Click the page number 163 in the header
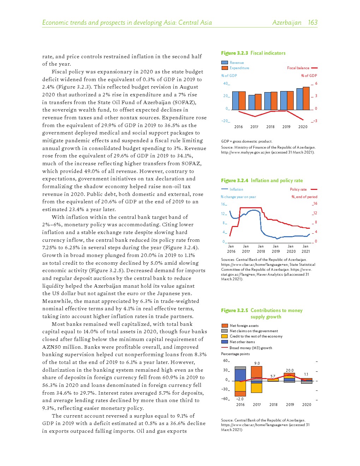pos(312,23)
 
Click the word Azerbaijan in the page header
pos(287,23)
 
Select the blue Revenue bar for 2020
pos(300,99)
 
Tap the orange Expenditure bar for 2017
pos(258,102)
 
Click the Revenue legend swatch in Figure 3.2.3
pos(224,62)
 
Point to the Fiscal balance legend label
pos(298,68)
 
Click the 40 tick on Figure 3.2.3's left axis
pos(226,84)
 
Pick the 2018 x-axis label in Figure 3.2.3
pos(270,127)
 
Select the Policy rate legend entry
pos(298,190)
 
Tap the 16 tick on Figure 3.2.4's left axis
pos(223,204)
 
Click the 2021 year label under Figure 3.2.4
pos(306,251)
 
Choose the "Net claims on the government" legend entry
pos(253,331)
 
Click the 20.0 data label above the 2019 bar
pos(289,370)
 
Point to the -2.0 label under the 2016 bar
pos(240,399)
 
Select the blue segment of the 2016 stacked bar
pos(240,375)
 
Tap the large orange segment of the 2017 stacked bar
pos(257,372)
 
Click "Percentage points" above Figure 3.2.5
pos(235,354)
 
